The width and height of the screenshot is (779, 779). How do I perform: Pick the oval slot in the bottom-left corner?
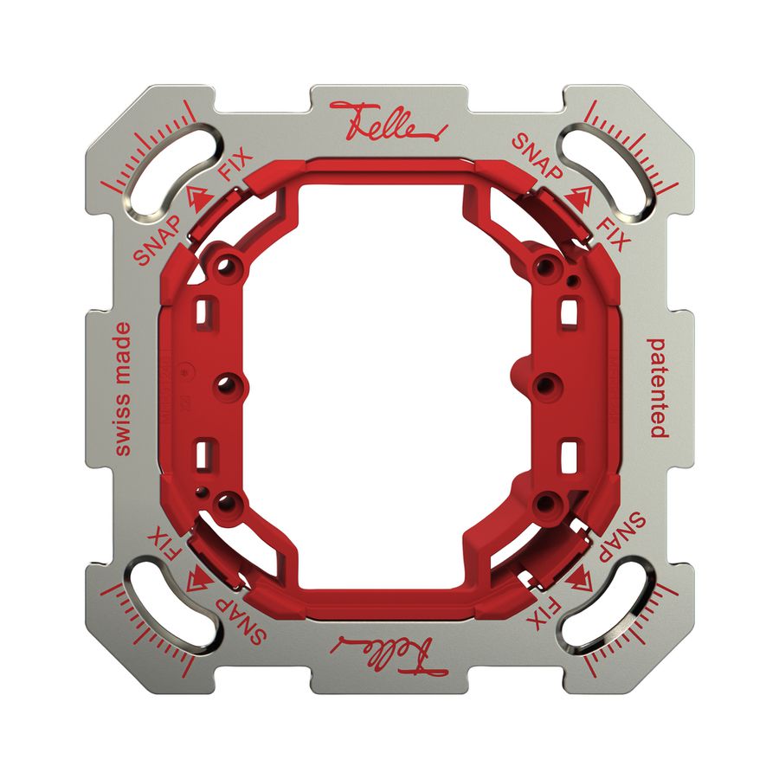[x=168, y=610]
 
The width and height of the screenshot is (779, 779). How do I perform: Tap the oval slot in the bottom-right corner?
[x=610, y=610]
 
